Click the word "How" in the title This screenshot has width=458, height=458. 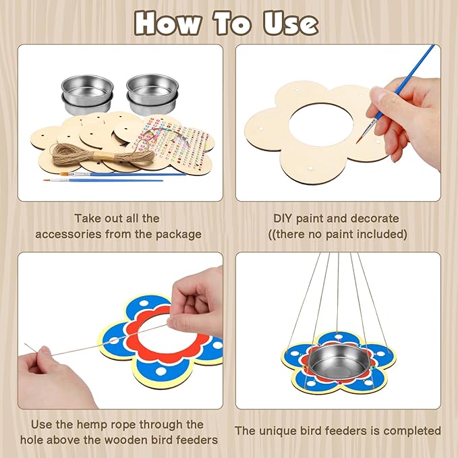(x=168, y=24)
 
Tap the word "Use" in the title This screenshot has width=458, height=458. (x=291, y=24)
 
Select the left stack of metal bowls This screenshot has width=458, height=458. (x=87, y=94)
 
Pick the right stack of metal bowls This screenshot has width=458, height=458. (x=152, y=94)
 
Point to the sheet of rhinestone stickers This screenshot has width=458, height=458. (x=172, y=143)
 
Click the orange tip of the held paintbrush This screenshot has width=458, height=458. (x=359, y=140)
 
